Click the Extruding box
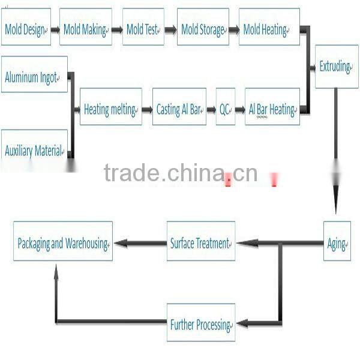click(336, 66)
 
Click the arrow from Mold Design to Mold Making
click(55, 28)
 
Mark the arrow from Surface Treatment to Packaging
click(140, 244)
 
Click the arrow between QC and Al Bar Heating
click(241, 110)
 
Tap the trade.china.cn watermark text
click(180, 173)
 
